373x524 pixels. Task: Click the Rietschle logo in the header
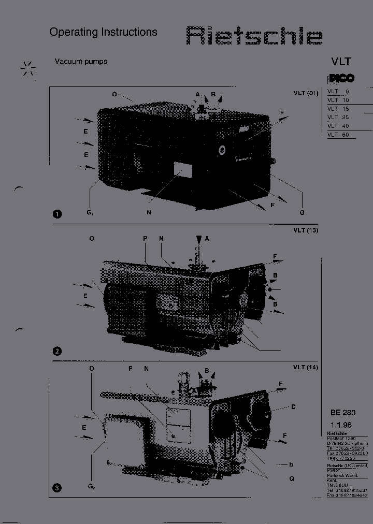[x=254, y=37]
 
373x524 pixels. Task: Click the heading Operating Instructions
[x=103, y=32]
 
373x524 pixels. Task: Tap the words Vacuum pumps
[x=81, y=61]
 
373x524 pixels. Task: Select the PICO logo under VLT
[x=341, y=78]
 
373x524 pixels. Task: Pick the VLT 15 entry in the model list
[x=338, y=109]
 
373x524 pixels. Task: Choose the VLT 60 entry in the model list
[x=338, y=135]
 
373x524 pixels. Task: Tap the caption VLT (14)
[x=305, y=367]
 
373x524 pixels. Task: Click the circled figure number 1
[x=57, y=214]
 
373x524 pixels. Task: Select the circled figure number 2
[x=57, y=352]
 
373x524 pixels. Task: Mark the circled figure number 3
[x=57, y=487]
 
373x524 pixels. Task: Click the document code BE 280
[x=342, y=413]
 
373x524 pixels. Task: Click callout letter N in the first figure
[x=149, y=212]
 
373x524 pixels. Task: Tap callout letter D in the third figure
[x=293, y=407]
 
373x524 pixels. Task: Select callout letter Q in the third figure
[x=292, y=479]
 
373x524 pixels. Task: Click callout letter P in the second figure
[x=145, y=238]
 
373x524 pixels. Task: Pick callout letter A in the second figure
[x=207, y=238]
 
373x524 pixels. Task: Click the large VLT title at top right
[x=341, y=61]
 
